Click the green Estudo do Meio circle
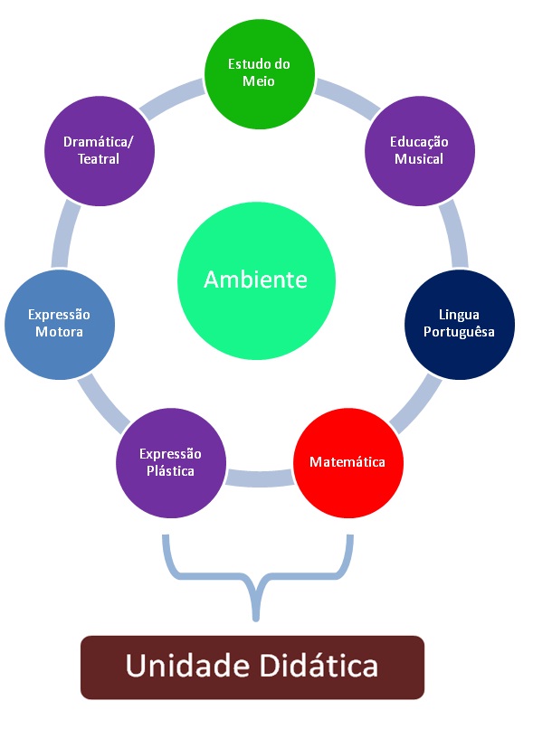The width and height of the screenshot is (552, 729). [260, 73]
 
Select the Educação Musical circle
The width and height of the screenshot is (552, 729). [419, 150]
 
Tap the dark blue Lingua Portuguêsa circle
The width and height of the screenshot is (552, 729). [459, 323]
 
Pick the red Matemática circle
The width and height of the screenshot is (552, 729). [348, 462]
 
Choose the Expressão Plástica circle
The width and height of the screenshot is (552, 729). [171, 462]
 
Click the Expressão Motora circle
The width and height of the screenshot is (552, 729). [60, 324]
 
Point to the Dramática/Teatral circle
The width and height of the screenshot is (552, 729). [100, 150]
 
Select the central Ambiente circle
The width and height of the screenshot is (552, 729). [255, 279]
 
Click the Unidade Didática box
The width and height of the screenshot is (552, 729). [252, 667]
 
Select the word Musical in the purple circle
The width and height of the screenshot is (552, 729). [419, 159]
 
